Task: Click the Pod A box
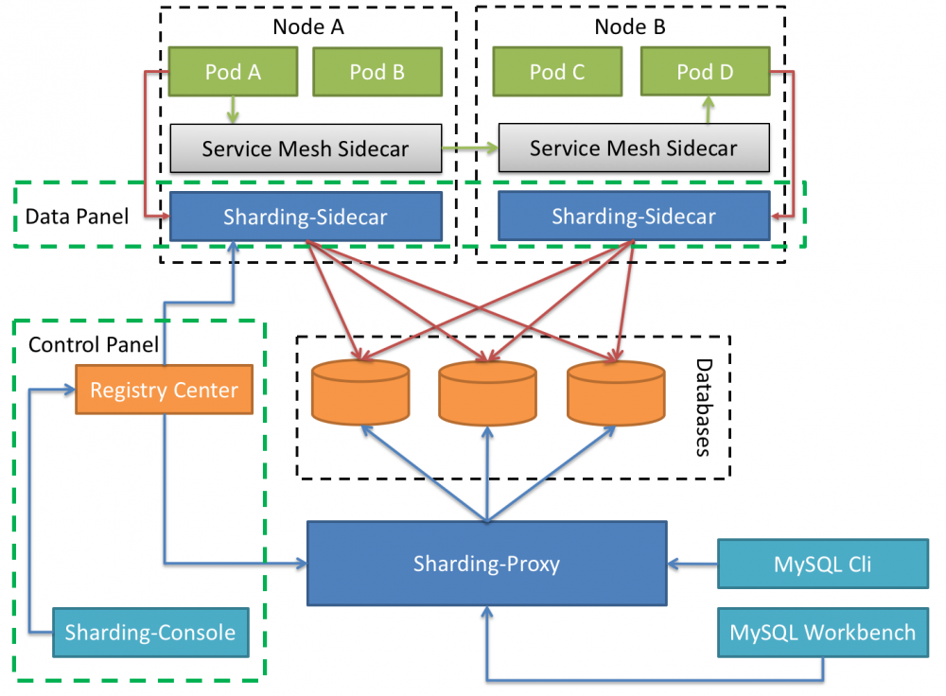233,72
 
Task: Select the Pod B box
377,72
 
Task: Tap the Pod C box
557,72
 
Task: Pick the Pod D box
705,72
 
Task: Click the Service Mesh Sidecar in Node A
305,148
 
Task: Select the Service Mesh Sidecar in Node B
633,148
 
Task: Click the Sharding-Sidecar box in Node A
305,217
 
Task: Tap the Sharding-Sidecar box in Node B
633,216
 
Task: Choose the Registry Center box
164,390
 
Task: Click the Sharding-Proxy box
486,564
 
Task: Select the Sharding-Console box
149,632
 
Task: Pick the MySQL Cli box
822,565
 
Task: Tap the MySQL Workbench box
822,632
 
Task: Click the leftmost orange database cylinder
360,391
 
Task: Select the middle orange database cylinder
487,391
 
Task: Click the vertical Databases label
703,407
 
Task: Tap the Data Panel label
77,217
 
